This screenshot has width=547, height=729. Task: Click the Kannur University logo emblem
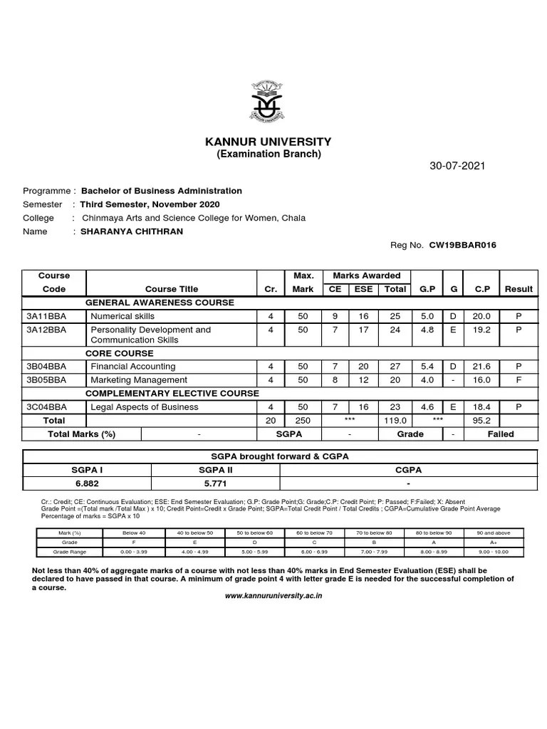pos(268,103)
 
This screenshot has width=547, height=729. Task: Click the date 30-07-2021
pos(457,166)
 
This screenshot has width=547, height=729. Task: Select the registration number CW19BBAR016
pos(462,245)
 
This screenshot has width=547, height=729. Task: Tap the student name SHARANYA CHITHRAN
pos(131,231)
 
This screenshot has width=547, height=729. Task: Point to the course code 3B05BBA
pos(46,380)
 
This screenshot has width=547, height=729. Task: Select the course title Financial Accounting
pos(132,367)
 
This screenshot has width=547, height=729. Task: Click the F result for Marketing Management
pos(519,380)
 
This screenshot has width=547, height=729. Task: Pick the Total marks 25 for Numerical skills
pos(395,316)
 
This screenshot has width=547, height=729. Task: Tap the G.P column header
pos(427,289)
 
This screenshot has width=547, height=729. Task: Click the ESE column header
pos(363,289)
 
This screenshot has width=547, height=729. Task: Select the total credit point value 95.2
pos(482,421)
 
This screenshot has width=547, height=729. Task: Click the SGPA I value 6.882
pos(87,483)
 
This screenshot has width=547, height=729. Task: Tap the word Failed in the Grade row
pos(501,434)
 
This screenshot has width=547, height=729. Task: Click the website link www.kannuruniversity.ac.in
pos(273,595)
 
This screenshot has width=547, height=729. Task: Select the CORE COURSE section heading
pos(120,353)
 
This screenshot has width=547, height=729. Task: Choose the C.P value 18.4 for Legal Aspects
pos(482,407)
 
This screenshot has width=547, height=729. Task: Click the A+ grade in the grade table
pos(493,542)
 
